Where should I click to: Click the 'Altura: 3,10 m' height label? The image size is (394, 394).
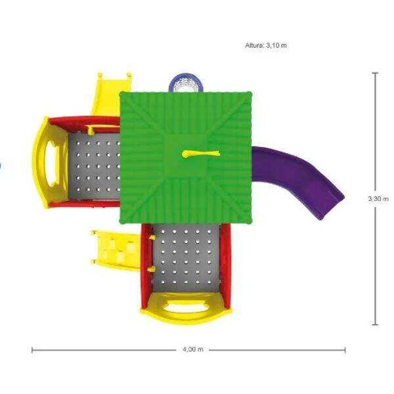click(x=266, y=45)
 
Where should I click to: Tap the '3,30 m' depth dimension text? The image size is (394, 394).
click(x=378, y=199)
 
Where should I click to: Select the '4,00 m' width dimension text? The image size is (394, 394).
click(x=193, y=349)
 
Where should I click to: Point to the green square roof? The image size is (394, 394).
click(x=186, y=158)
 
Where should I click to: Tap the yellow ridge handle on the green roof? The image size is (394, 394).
click(x=201, y=154)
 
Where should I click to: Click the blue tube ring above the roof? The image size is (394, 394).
click(x=186, y=80)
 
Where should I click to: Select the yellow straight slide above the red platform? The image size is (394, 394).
click(x=108, y=94)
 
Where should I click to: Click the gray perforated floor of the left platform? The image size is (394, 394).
click(x=94, y=166)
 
